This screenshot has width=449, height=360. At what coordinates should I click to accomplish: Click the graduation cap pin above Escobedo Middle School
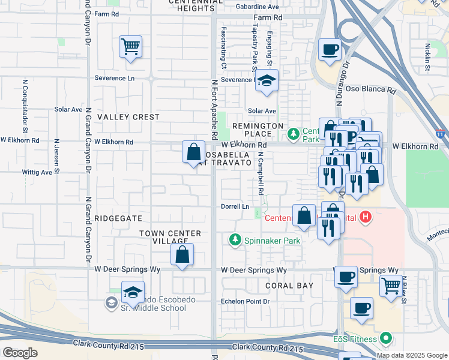point(133,292)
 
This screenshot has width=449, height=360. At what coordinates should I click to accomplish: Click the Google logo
point(20,353)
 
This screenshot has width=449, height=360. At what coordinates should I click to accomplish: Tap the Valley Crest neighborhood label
point(128,117)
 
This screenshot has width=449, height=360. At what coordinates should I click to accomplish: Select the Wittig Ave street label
point(37,172)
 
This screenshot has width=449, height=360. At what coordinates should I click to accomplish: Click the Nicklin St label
point(427,56)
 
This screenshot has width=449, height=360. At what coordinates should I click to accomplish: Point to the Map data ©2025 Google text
point(411,355)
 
